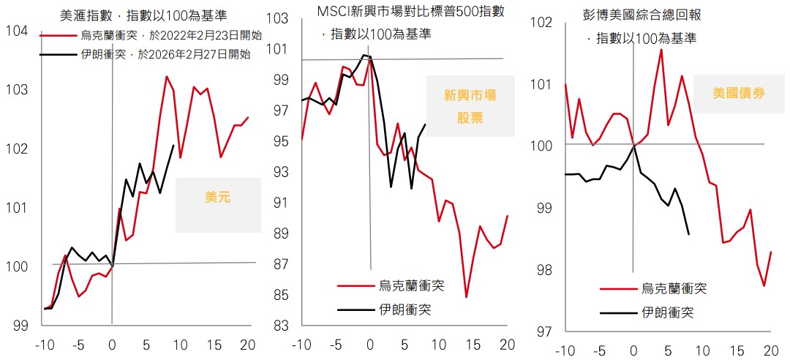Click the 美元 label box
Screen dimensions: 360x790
[x=218, y=197]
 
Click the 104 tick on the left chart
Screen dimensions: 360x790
[x=15, y=31]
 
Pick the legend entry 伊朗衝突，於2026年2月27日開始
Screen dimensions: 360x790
[x=165, y=53]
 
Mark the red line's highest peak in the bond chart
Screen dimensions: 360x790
[x=661, y=50]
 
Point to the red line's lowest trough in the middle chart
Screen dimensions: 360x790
[x=466, y=297]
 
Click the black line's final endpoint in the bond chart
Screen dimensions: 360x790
[x=689, y=234]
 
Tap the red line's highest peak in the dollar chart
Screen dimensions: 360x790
[x=166, y=76]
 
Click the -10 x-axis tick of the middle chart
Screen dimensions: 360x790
[x=301, y=345]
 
